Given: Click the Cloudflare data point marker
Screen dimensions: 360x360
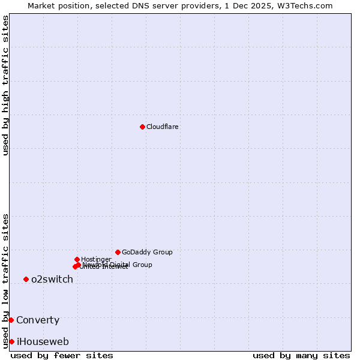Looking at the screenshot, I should click(142, 127).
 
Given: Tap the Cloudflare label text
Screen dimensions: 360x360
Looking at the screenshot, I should click(163, 127).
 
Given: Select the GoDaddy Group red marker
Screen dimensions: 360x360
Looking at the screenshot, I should click(118, 252).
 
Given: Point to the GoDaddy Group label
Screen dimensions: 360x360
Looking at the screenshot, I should click(147, 252).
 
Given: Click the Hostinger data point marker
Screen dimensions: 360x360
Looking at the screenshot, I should click(77, 259).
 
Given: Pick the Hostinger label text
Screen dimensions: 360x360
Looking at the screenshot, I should click(96, 259).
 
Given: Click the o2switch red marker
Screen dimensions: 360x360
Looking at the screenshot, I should click(26, 279).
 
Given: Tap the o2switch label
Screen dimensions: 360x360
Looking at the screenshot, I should click(52, 279).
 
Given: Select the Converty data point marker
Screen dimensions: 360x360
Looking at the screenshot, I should click(11, 320).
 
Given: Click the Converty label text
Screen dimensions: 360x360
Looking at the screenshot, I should click(38, 320).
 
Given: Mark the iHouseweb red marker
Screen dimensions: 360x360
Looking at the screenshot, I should click(11, 341).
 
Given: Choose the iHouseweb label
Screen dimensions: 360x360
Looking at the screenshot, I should click(43, 341).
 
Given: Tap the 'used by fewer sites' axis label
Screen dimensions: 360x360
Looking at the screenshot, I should click(62, 355).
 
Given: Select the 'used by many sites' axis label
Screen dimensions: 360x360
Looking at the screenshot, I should click(301, 355).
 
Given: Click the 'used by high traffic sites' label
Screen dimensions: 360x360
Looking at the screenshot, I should click(5, 85).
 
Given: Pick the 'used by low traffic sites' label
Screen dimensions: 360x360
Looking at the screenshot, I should click(5, 280).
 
